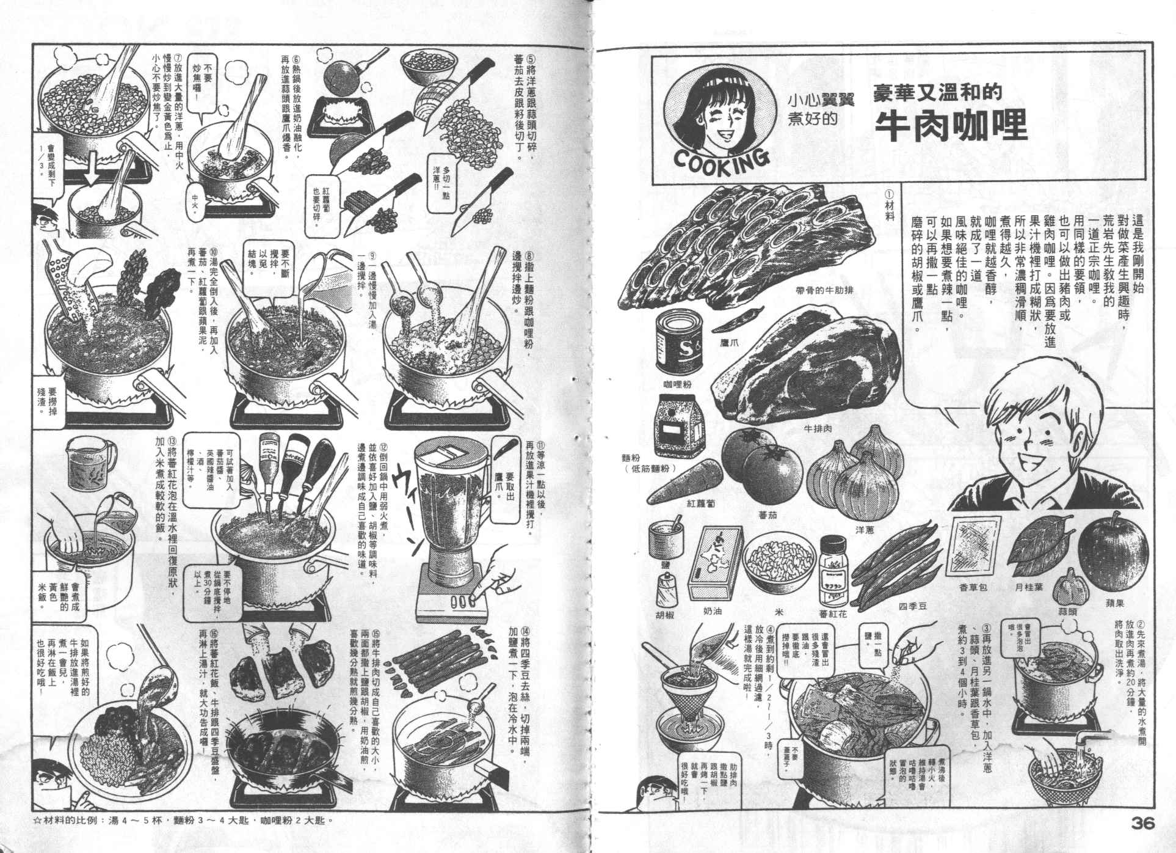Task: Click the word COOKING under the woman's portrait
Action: (x=717, y=158)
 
